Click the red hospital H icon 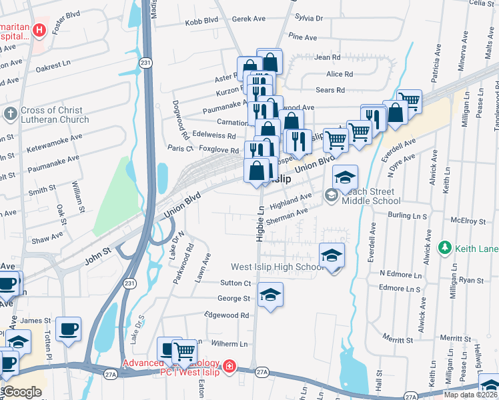(38, 30)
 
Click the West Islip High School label (277, 267)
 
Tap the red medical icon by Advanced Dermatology (229, 366)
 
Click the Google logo (22, 392)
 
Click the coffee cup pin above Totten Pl (69, 329)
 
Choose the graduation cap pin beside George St (270, 295)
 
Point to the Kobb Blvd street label (203, 21)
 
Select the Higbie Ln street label (260, 221)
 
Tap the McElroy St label (466, 219)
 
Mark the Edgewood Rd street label (227, 315)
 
